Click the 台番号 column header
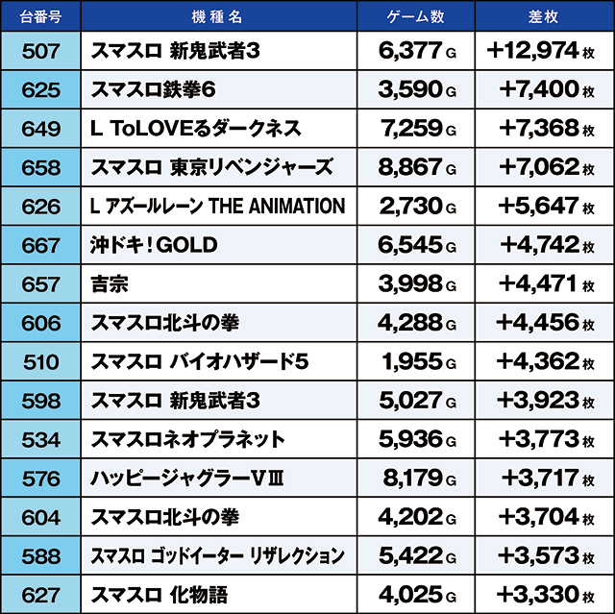pos(40,17)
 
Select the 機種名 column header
pos(217,17)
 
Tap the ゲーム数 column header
pos(415,17)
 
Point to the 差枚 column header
pos(543,17)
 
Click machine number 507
pos(40,51)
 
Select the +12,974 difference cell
pos(540,51)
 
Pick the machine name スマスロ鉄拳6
pos(153,89)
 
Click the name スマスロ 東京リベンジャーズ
pos(211,167)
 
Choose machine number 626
pos(40,207)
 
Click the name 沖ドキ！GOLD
pos(154,245)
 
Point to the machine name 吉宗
pos(110,284)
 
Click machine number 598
pos(40,401)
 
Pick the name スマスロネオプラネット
pos(187,439)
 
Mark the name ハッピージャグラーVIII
pos(187,479)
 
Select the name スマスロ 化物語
pos(160,595)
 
